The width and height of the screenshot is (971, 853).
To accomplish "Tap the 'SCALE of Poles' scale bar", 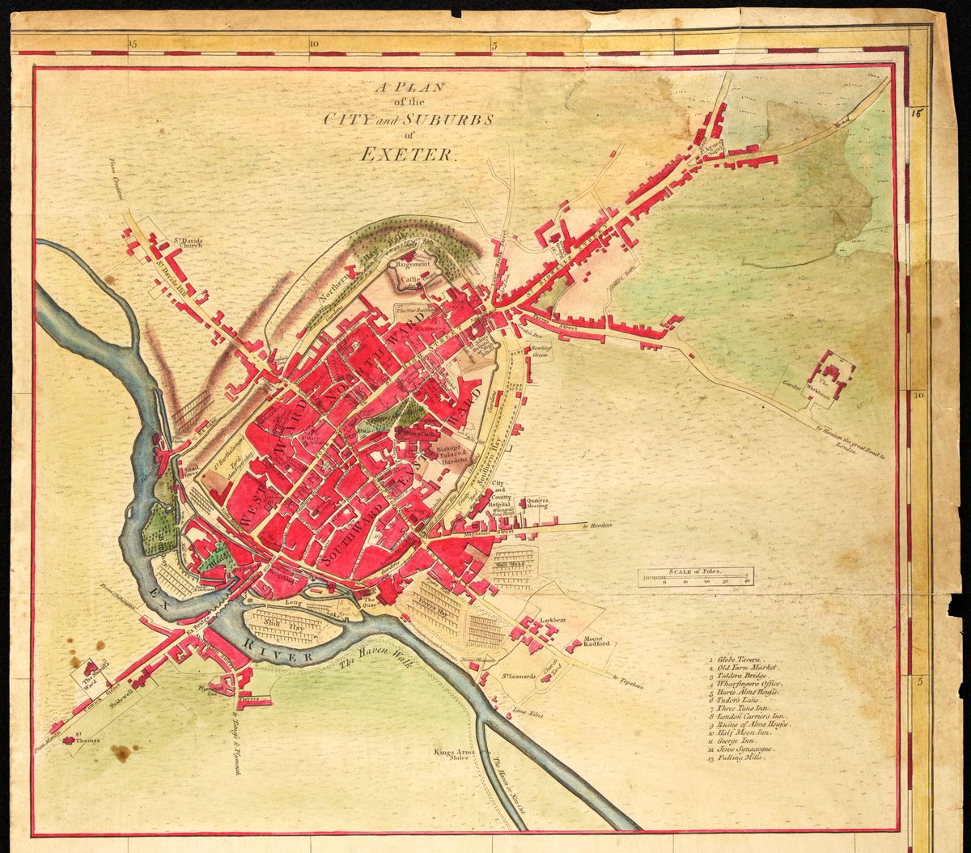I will click(x=696, y=577).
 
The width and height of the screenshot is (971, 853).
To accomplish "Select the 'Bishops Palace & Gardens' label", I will click(x=452, y=453).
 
